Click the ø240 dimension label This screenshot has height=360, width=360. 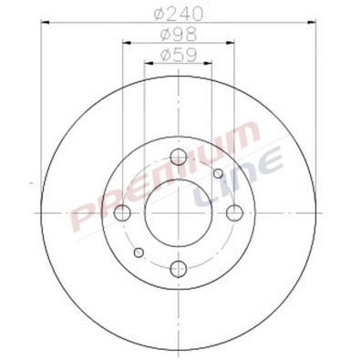179,15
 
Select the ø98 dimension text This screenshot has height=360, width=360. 179,36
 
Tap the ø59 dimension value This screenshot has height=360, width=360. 179,56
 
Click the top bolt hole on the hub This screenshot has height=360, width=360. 179,158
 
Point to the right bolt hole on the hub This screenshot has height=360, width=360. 235,213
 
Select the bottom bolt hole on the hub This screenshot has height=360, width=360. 179,269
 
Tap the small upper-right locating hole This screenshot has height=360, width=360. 219,174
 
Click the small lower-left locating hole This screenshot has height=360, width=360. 139,252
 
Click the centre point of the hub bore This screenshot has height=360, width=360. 179,213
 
